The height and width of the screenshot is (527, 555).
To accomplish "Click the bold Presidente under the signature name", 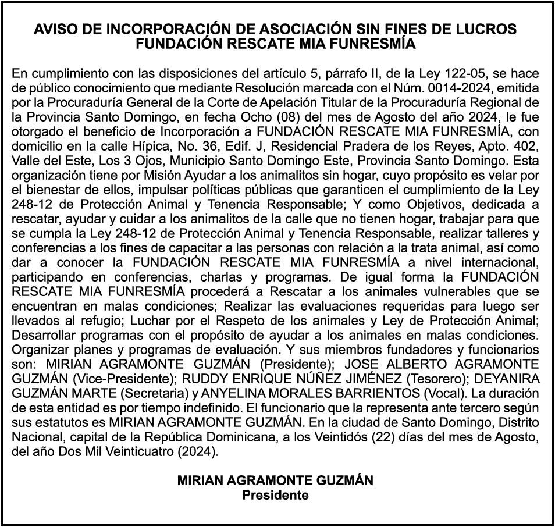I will click(275, 495).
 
